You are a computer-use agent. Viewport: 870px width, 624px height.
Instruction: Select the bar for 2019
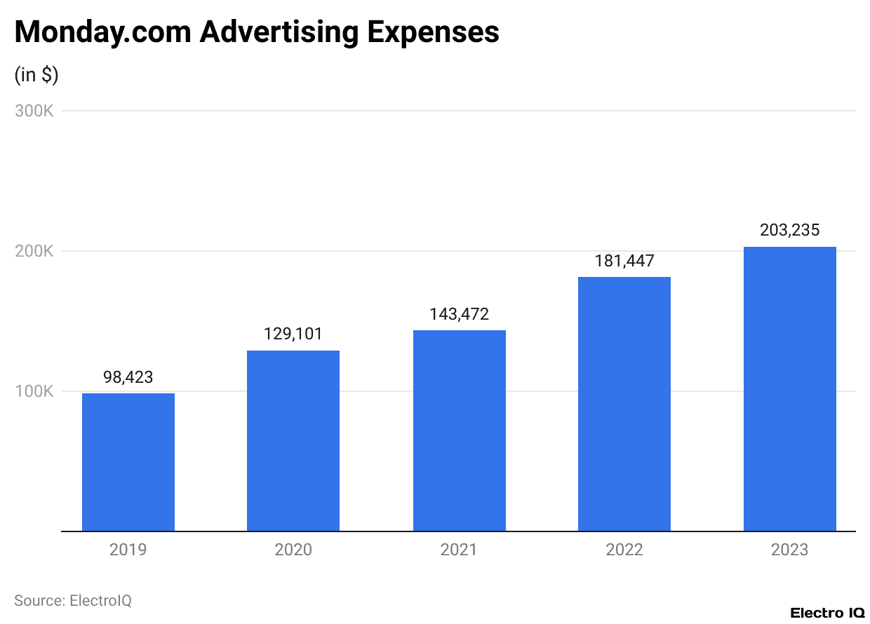pyautogui.click(x=128, y=463)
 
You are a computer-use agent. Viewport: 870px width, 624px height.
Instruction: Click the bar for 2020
pyautogui.click(x=293, y=441)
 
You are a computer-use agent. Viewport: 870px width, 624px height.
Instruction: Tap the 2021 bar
pyautogui.click(x=459, y=431)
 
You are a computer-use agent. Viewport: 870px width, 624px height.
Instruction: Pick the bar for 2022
pyautogui.click(x=624, y=405)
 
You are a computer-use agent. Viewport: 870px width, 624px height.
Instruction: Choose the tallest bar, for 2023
pyautogui.click(x=789, y=389)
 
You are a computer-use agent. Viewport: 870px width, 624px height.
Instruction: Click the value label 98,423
pyautogui.click(x=128, y=377)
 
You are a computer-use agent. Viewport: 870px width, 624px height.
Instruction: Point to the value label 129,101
pyautogui.click(x=293, y=334)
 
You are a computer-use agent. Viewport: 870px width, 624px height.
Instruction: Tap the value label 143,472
pyautogui.click(x=459, y=314)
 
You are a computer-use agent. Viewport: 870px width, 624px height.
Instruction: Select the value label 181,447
pyautogui.click(x=624, y=261)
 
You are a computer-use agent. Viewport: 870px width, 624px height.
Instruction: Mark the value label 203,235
pyautogui.click(x=789, y=230)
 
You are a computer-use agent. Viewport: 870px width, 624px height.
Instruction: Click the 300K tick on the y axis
pyautogui.click(x=34, y=111)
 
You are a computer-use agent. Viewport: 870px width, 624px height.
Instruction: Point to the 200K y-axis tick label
pyautogui.click(x=34, y=251)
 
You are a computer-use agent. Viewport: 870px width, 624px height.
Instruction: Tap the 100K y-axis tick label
pyautogui.click(x=34, y=391)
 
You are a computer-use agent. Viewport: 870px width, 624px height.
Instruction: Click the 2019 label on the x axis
pyautogui.click(x=128, y=550)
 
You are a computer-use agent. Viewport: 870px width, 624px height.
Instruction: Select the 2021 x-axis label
pyautogui.click(x=459, y=550)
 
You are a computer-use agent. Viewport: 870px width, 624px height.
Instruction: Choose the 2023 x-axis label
pyautogui.click(x=789, y=550)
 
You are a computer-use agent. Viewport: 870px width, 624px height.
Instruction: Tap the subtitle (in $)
pyautogui.click(x=36, y=75)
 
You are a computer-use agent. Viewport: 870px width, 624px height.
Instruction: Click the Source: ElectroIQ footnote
pyautogui.click(x=73, y=601)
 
